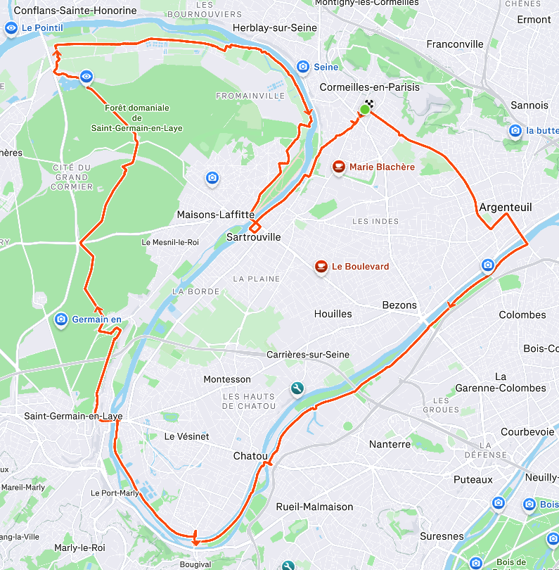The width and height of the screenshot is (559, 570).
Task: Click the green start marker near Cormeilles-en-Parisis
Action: coord(365,109)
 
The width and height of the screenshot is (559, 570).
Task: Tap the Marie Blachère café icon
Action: coord(339,167)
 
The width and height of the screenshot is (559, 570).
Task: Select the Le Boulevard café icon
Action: coord(321,267)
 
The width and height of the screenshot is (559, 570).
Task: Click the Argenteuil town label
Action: coord(506,208)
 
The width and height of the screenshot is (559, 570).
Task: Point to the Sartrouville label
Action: coord(253,238)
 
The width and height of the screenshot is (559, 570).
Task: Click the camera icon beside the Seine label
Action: coord(303,67)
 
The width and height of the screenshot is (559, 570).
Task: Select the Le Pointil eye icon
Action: coord(11,28)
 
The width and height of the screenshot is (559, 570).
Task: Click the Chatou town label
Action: coord(251,457)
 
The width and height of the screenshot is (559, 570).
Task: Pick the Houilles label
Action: coord(333,314)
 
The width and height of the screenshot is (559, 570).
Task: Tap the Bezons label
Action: coord(399,305)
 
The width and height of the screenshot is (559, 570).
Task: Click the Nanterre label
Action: coord(390,444)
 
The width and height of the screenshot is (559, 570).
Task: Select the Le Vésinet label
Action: coord(186,436)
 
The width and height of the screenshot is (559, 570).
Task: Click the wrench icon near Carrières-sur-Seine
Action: coord(297,388)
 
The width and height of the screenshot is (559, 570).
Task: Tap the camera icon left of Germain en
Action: coord(61,319)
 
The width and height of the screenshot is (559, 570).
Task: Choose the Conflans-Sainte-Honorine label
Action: coord(75,11)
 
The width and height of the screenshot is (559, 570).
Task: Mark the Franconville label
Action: coord(455,44)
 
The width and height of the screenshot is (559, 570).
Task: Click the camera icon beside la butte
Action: coord(515,130)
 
